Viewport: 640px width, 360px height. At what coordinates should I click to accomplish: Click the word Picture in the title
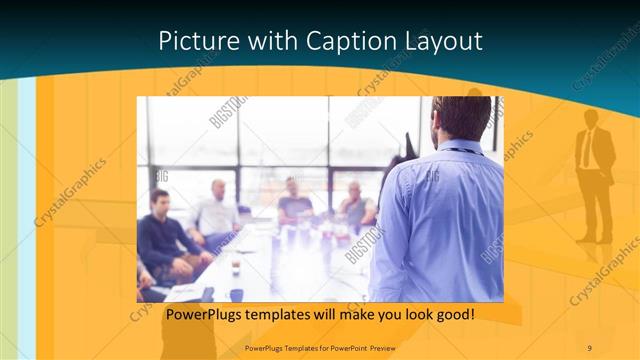(195, 41)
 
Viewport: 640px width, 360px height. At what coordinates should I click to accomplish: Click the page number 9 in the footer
(589, 347)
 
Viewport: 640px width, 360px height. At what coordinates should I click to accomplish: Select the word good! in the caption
(452, 314)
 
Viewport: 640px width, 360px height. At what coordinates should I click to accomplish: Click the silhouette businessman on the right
(595, 170)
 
